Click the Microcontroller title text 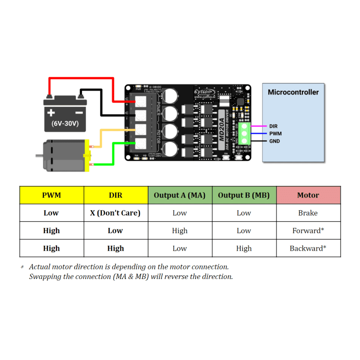[293, 92]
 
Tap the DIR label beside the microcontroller [273, 126]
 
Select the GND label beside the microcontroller [274, 141]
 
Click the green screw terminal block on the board [245, 134]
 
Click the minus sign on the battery [79, 112]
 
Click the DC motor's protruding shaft [39, 156]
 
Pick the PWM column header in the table [51, 195]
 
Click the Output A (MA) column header [180, 195]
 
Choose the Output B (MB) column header [243, 195]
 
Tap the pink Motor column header [308, 195]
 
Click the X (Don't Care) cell [115, 213]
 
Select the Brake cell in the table [308, 213]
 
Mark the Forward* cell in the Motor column [308, 230]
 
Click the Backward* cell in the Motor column [308, 248]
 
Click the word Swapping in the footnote [45, 276]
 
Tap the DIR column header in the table [115, 195]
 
